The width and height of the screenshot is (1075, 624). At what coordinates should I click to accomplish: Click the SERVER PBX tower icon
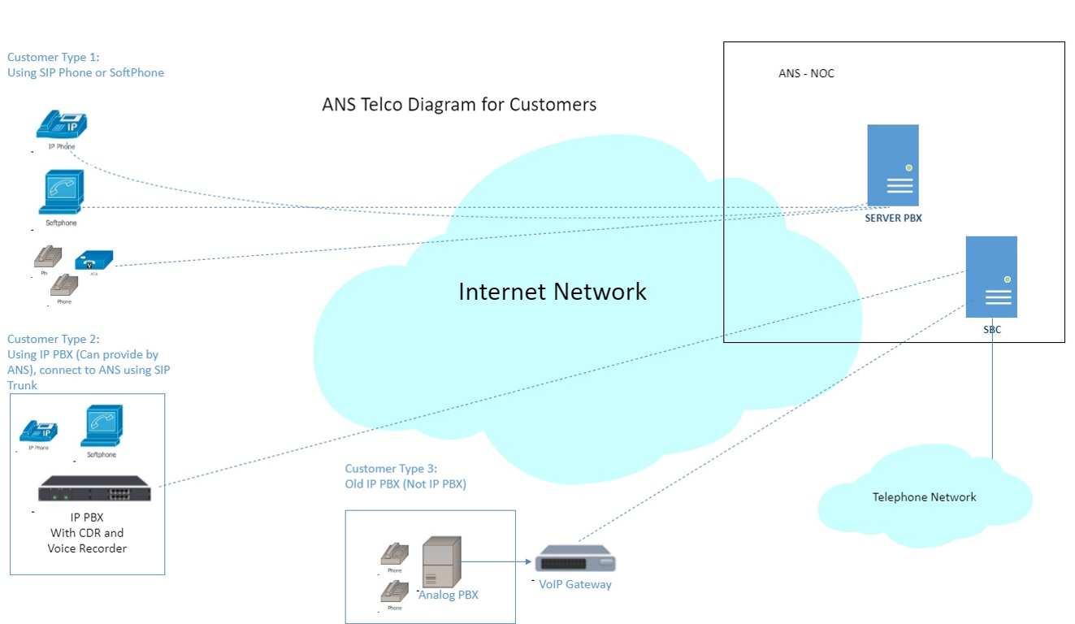892,165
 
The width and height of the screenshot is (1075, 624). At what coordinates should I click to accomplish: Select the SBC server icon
991,276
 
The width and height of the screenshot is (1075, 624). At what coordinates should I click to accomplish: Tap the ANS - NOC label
806,74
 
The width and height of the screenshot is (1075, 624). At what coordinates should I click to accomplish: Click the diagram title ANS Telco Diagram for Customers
459,105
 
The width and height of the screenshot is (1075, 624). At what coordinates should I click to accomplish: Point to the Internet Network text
553,292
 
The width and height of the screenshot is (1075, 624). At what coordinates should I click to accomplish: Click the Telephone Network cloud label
924,497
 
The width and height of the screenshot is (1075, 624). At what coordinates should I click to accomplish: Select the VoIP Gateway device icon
574,561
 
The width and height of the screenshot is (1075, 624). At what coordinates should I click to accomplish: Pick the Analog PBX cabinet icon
441,561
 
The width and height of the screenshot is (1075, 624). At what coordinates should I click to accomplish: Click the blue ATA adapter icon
93,260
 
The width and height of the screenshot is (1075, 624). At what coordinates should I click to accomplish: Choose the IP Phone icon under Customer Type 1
62,126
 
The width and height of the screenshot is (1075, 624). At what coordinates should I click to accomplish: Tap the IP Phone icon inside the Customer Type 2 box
38,431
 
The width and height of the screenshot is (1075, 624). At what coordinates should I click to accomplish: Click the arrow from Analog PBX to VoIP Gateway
496,561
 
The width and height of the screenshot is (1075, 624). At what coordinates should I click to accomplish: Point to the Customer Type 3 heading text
391,469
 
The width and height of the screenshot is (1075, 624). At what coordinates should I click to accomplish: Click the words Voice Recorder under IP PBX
87,548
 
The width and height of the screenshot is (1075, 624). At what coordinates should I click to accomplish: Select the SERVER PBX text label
893,218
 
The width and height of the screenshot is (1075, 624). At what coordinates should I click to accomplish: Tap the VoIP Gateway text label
575,584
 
